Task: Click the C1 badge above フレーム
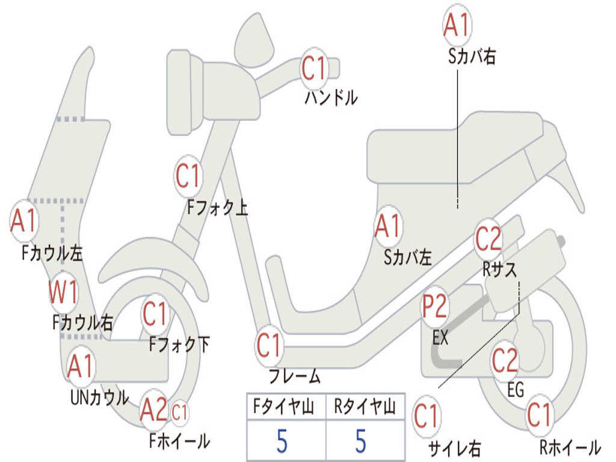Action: [269, 346]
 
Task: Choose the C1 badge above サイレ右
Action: [426, 417]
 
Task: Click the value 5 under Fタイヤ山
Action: [282, 441]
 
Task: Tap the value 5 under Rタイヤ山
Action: [360, 441]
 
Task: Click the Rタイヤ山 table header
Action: [365, 407]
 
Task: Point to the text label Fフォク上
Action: [217, 208]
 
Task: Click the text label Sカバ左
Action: [408, 258]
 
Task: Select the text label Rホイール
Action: [569, 447]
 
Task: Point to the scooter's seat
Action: [457, 147]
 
